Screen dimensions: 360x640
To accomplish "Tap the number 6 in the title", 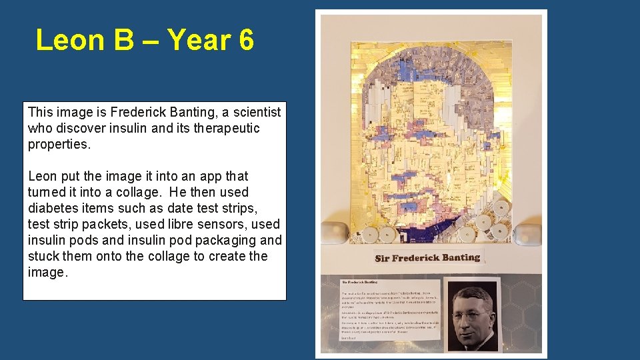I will click(x=245, y=40).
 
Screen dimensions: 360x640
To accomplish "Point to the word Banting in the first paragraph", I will click(x=199, y=112).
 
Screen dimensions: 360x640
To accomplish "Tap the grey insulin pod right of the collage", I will click(x=529, y=234).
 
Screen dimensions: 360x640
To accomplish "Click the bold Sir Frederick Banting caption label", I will click(x=427, y=258).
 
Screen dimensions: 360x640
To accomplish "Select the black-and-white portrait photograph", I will click(x=472, y=314).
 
